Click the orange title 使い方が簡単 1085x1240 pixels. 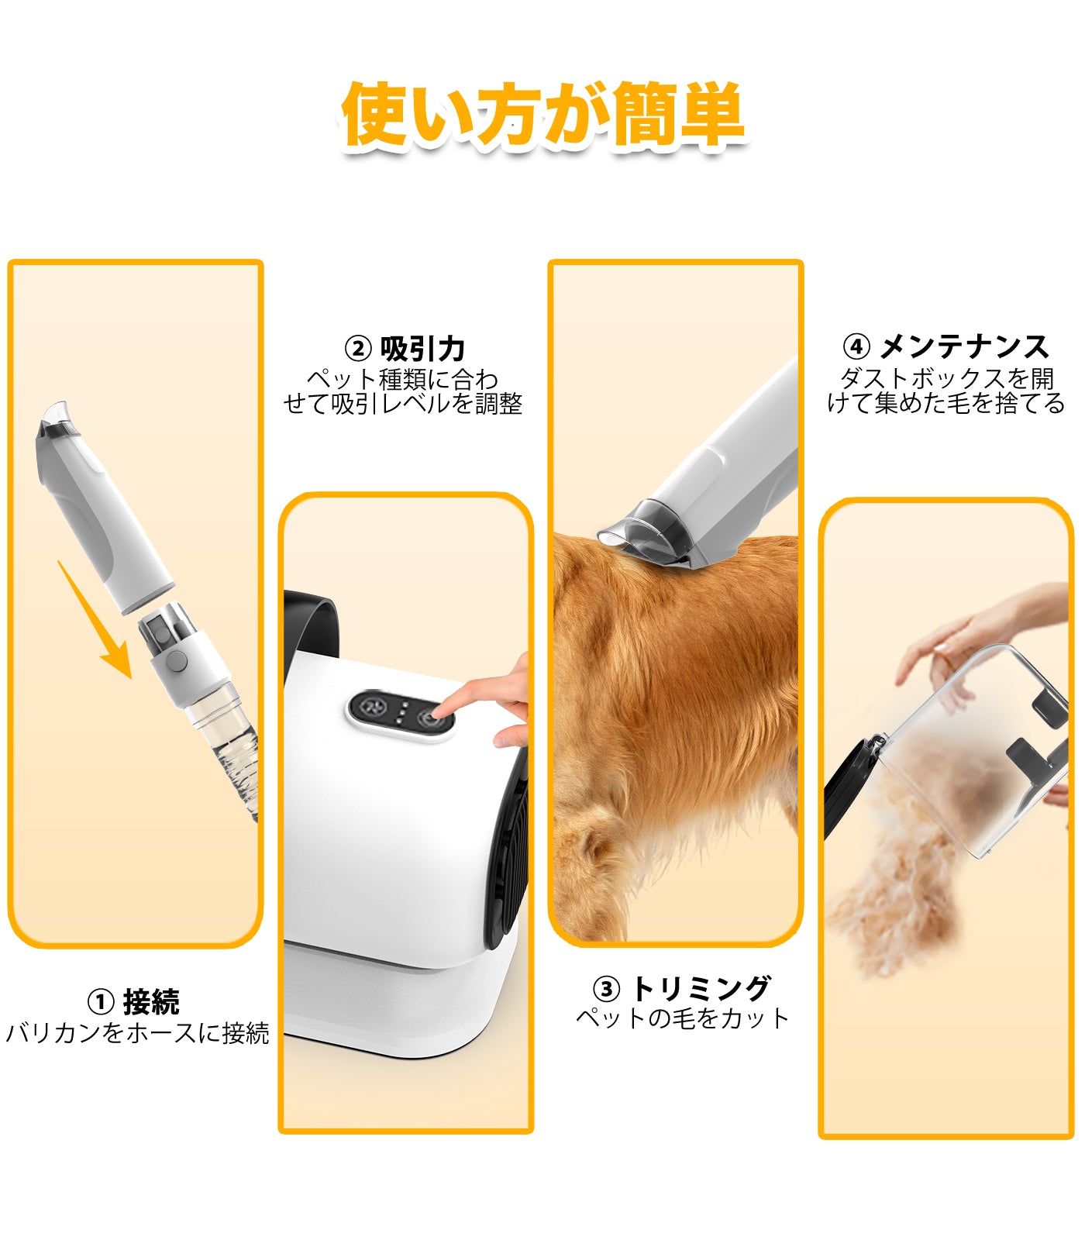tap(542, 115)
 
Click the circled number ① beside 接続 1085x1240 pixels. tap(101, 1002)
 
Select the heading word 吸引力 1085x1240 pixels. tap(422, 350)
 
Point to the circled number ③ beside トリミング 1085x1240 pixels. tap(606, 989)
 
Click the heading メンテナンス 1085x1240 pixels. tap(964, 346)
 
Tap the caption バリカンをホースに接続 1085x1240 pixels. tap(137, 1033)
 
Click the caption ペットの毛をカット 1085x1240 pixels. tap(682, 1018)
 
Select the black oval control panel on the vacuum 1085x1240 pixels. tap(400, 711)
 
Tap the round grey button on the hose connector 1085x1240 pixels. tap(177, 661)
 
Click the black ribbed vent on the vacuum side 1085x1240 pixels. tap(511, 852)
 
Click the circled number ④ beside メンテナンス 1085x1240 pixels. tap(856, 346)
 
